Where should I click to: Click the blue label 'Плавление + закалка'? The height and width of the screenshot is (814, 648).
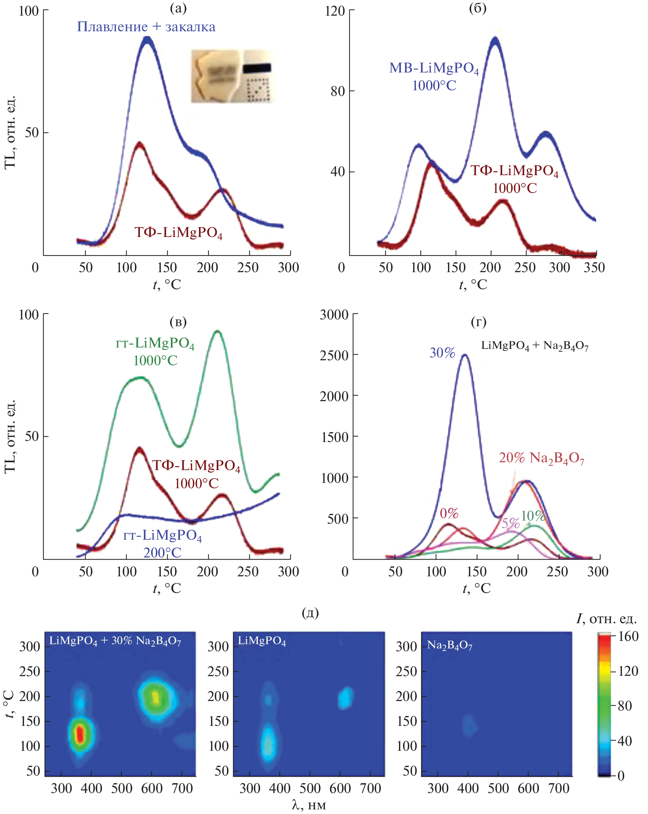tap(146, 27)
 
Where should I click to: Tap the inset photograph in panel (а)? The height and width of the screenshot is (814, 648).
tap(233, 76)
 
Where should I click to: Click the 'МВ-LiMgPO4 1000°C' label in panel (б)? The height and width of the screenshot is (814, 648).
tap(434, 77)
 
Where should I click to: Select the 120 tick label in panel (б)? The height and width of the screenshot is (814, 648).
tap(335, 11)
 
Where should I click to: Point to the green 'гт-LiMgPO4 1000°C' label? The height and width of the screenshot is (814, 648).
tap(155, 351)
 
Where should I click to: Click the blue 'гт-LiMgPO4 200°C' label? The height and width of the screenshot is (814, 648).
tap(162, 544)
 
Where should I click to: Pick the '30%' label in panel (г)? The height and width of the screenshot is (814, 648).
tap(442, 353)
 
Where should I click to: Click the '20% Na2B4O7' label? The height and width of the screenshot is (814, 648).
tap(541, 458)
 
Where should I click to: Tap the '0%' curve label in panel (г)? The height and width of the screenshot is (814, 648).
tap(449, 513)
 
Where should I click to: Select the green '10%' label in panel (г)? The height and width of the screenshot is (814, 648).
tap(533, 516)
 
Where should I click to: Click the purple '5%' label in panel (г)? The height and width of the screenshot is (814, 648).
tap(511, 523)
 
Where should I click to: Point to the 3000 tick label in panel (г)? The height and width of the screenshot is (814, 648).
tap(334, 315)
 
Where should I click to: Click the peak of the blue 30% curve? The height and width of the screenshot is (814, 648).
tap(465, 355)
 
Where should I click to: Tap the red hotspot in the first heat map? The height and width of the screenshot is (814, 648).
tap(80, 734)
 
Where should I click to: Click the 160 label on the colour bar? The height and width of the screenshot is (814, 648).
tap(628, 637)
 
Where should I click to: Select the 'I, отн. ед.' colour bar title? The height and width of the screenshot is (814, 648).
tap(606, 619)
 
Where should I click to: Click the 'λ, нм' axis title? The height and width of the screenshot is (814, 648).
tap(309, 805)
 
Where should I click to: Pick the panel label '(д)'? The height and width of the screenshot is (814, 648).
tap(310, 613)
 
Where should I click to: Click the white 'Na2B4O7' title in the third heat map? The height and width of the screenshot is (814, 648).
tap(449, 646)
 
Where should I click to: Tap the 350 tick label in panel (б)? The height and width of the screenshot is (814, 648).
tap(594, 268)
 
